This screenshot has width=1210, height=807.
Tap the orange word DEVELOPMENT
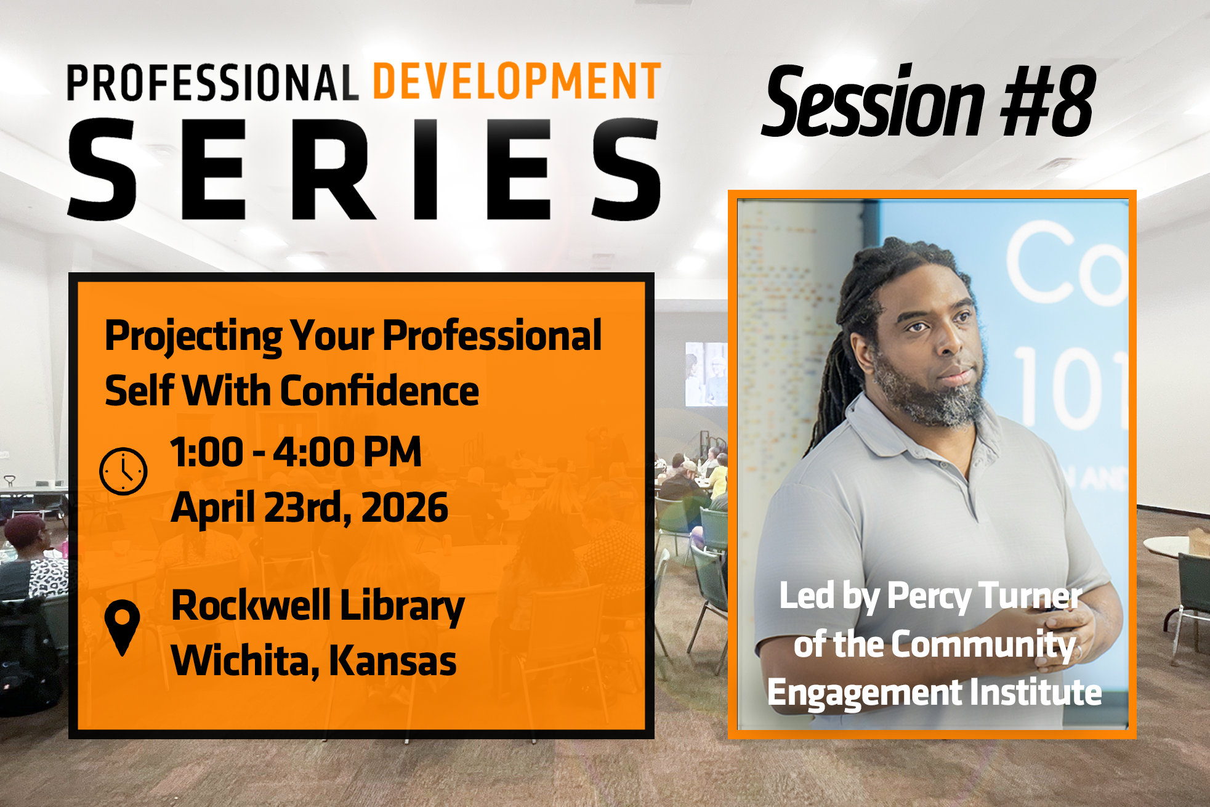tap(517, 81)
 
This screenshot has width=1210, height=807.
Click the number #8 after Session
tap(1047, 101)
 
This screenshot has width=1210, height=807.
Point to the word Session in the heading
tap(874, 101)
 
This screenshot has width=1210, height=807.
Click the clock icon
tap(123, 471)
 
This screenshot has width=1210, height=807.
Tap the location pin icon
tap(122, 627)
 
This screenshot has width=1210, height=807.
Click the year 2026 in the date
tap(405, 508)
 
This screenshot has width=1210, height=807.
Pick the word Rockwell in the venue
tap(251, 606)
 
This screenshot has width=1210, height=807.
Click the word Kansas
tap(393, 660)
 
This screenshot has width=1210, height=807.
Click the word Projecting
tap(193, 337)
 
